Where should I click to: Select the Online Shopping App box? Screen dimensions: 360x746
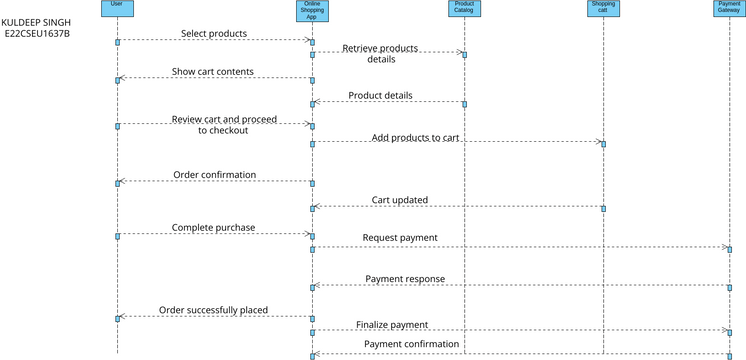pos(312,10)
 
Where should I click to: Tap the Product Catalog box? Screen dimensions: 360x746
pos(464,8)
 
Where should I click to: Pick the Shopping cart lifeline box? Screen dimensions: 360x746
pos(603,8)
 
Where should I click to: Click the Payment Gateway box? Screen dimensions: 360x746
pos(729,8)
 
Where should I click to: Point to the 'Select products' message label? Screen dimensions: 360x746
pos(214,33)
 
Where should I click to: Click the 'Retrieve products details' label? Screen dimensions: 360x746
pos(380,53)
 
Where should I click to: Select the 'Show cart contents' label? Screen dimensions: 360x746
pos(212,72)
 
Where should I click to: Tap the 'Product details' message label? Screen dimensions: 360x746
pos(380,95)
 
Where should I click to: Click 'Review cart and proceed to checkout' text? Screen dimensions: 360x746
pos(223,124)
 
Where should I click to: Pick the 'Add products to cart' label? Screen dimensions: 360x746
pos(415,137)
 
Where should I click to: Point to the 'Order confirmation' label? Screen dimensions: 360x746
pos(214,174)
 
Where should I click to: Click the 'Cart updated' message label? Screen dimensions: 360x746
pos(400,199)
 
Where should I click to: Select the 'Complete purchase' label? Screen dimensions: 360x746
pos(213,227)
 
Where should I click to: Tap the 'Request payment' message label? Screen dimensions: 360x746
pos(399,238)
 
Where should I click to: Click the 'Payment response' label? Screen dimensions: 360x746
pos(405,278)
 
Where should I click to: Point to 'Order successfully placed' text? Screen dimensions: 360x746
pos(213,310)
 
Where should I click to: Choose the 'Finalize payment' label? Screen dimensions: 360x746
pos(392,324)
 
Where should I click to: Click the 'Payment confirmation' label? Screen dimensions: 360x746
pos(411,344)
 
